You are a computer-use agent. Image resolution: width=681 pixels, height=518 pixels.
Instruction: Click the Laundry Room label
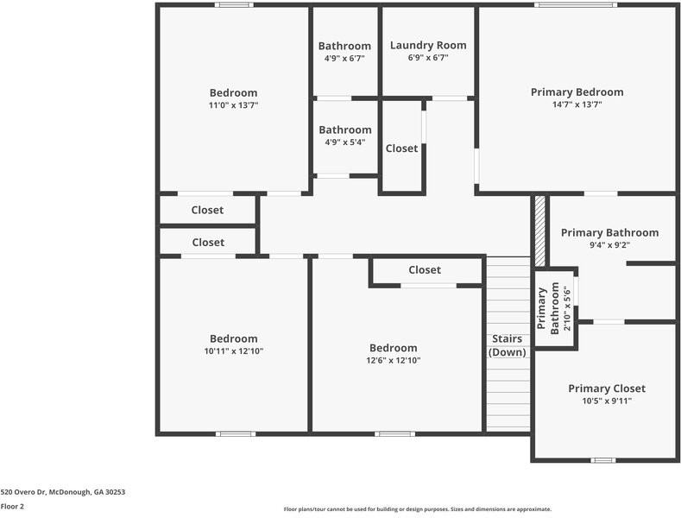428,45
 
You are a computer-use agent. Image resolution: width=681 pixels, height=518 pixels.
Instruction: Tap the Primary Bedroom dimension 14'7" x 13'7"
577,104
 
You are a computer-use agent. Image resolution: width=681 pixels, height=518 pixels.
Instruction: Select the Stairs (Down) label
508,345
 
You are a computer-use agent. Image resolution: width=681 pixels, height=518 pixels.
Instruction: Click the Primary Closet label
606,388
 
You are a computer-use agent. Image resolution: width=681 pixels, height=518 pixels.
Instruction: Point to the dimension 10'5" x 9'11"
606,401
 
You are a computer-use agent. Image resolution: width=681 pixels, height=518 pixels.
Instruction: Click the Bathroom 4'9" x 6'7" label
344,46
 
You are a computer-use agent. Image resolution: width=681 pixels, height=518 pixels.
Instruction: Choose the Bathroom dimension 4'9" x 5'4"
344,142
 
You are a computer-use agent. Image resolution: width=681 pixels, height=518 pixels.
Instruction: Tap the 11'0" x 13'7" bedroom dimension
233,105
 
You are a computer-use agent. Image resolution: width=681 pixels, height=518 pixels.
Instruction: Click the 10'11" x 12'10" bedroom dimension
233,351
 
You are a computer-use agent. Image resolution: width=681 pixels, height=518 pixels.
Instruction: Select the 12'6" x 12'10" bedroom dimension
394,361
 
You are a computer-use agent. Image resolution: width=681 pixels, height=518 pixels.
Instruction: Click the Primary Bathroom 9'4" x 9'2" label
609,232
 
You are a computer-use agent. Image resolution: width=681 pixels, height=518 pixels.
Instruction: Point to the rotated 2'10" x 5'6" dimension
567,309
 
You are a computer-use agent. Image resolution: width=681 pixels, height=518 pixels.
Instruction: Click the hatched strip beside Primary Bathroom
540,231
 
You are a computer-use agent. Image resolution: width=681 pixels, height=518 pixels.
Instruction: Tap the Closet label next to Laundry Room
401,148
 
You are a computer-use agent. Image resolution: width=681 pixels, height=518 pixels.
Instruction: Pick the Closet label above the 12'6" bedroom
425,270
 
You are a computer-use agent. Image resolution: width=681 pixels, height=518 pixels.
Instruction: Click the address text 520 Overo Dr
63,492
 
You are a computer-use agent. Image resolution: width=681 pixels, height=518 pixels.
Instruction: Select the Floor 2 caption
12,507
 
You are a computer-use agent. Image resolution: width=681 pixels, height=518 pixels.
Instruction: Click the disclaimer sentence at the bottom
417,509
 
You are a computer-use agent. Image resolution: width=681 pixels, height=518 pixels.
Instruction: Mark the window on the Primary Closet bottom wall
602,460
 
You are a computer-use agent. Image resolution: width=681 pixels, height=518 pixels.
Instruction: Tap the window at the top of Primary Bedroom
575,5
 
